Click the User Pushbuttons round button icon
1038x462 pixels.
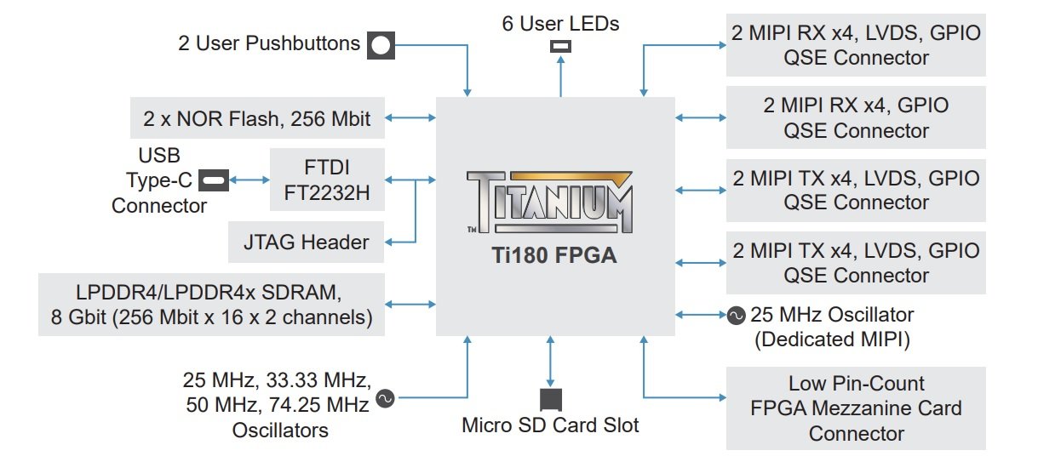[x=381, y=45]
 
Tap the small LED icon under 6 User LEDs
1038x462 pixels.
[x=560, y=46]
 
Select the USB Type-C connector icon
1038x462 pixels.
[x=214, y=180]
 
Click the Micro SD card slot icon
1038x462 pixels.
[x=551, y=400]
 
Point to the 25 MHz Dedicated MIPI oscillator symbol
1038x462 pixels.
[x=736, y=316]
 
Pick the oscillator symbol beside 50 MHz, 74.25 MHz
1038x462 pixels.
[x=385, y=398]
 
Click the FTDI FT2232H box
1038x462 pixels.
[x=327, y=180]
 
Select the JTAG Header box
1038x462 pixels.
[x=306, y=242]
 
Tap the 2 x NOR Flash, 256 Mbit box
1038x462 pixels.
[x=257, y=117]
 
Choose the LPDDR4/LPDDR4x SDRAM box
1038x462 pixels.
[x=211, y=305]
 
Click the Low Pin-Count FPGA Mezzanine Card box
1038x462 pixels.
[x=856, y=408]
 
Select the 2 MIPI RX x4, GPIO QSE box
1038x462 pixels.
[x=856, y=117]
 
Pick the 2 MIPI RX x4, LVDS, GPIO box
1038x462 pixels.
[x=856, y=45]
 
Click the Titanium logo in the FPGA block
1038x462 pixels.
[x=549, y=202]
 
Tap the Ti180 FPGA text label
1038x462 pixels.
[x=554, y=255]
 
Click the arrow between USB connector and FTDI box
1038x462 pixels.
[x=249, y=180]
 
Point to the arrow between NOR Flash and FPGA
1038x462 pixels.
[x=410, y=117]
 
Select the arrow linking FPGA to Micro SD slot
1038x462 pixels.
[x=551, y=362]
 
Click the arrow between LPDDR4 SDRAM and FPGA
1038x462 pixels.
[x=410, y=304]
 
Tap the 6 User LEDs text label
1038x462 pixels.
[x=560, y=24]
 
